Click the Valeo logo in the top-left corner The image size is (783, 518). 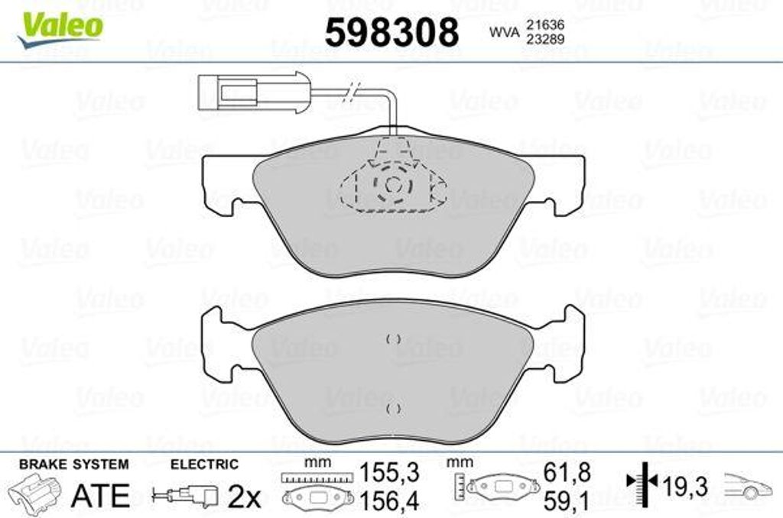pos(60,30)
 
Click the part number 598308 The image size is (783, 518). pos(392,32)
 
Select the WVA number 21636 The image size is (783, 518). pos(544,24)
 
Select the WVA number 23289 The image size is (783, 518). pos(544,39)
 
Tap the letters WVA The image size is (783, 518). pos(504,32)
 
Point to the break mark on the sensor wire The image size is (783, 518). pos(353,91)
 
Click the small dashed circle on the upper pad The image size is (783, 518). pos(393,185)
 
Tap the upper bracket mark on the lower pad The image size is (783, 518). pos(394,339)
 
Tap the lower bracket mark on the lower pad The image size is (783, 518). pos(394,409)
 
